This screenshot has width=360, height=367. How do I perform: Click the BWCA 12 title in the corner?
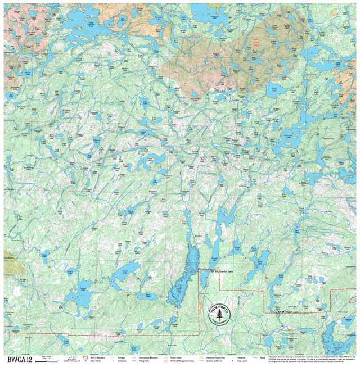coord(20,359)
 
